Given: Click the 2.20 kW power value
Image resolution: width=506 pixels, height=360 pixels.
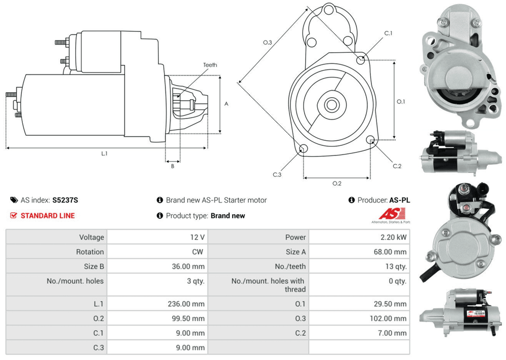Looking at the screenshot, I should [395, 237].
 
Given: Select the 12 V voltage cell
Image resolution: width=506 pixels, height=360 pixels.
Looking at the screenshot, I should [196, 237].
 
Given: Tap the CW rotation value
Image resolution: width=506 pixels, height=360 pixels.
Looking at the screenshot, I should [198, 252].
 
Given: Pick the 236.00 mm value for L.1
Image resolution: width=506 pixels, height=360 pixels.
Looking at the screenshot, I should [186, 304].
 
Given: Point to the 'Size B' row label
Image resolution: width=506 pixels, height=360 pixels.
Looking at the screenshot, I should [91, 266].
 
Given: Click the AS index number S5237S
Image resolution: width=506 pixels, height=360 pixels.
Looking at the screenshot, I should [65, 200].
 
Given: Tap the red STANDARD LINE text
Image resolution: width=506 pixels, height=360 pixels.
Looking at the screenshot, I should [48, 216].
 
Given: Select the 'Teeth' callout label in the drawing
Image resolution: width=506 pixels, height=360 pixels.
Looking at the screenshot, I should [210, 65].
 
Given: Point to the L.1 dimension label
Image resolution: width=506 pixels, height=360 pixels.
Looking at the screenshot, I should [104, 153].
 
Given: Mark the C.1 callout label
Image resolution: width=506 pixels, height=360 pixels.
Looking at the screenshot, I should [388, 33].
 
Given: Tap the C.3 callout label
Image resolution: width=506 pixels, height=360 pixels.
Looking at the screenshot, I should [277, 175].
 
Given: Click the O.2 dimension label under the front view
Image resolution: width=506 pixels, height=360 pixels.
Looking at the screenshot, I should [336, 183].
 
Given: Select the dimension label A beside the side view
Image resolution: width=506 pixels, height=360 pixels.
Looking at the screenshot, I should [226, 104].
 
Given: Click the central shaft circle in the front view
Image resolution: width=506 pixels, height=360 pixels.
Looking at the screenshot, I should [331, 105].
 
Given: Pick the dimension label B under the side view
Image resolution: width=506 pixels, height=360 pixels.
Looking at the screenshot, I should [172, 166].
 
